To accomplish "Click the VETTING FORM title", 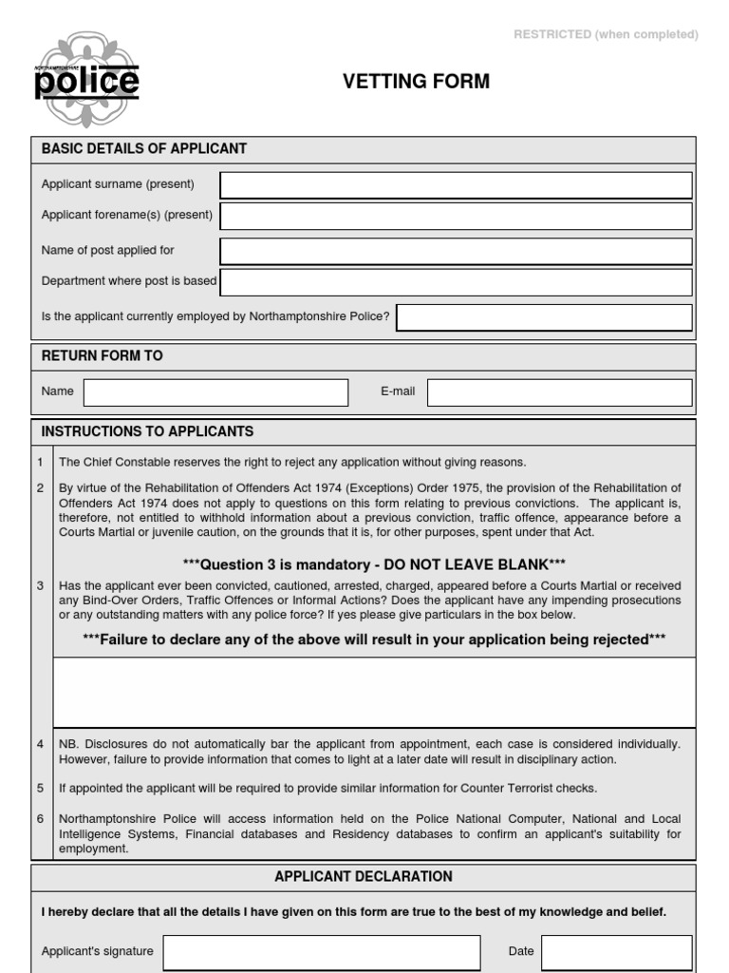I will [416, 82].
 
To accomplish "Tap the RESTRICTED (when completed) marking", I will [606, 34].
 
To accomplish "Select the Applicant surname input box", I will [456, 184].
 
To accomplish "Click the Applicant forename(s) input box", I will [456, 216].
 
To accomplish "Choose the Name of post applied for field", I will [456, 251].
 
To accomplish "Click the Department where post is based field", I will [456, 282].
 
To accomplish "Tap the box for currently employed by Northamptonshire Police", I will [544, 316].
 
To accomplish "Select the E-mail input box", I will [560, 391].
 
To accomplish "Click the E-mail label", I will [398, 391].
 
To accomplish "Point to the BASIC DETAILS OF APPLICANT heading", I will [144, 149].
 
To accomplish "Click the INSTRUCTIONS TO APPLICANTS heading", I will [147, 431].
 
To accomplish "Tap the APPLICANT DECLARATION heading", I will [364, 876].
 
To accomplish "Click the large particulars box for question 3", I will [373, 692].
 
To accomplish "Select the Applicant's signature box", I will [321, 951].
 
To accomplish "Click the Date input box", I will [617, 951].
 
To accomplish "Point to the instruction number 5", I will [40, 789].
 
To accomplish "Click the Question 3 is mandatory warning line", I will [374, 565].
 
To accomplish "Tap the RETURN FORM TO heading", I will [103, 355].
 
